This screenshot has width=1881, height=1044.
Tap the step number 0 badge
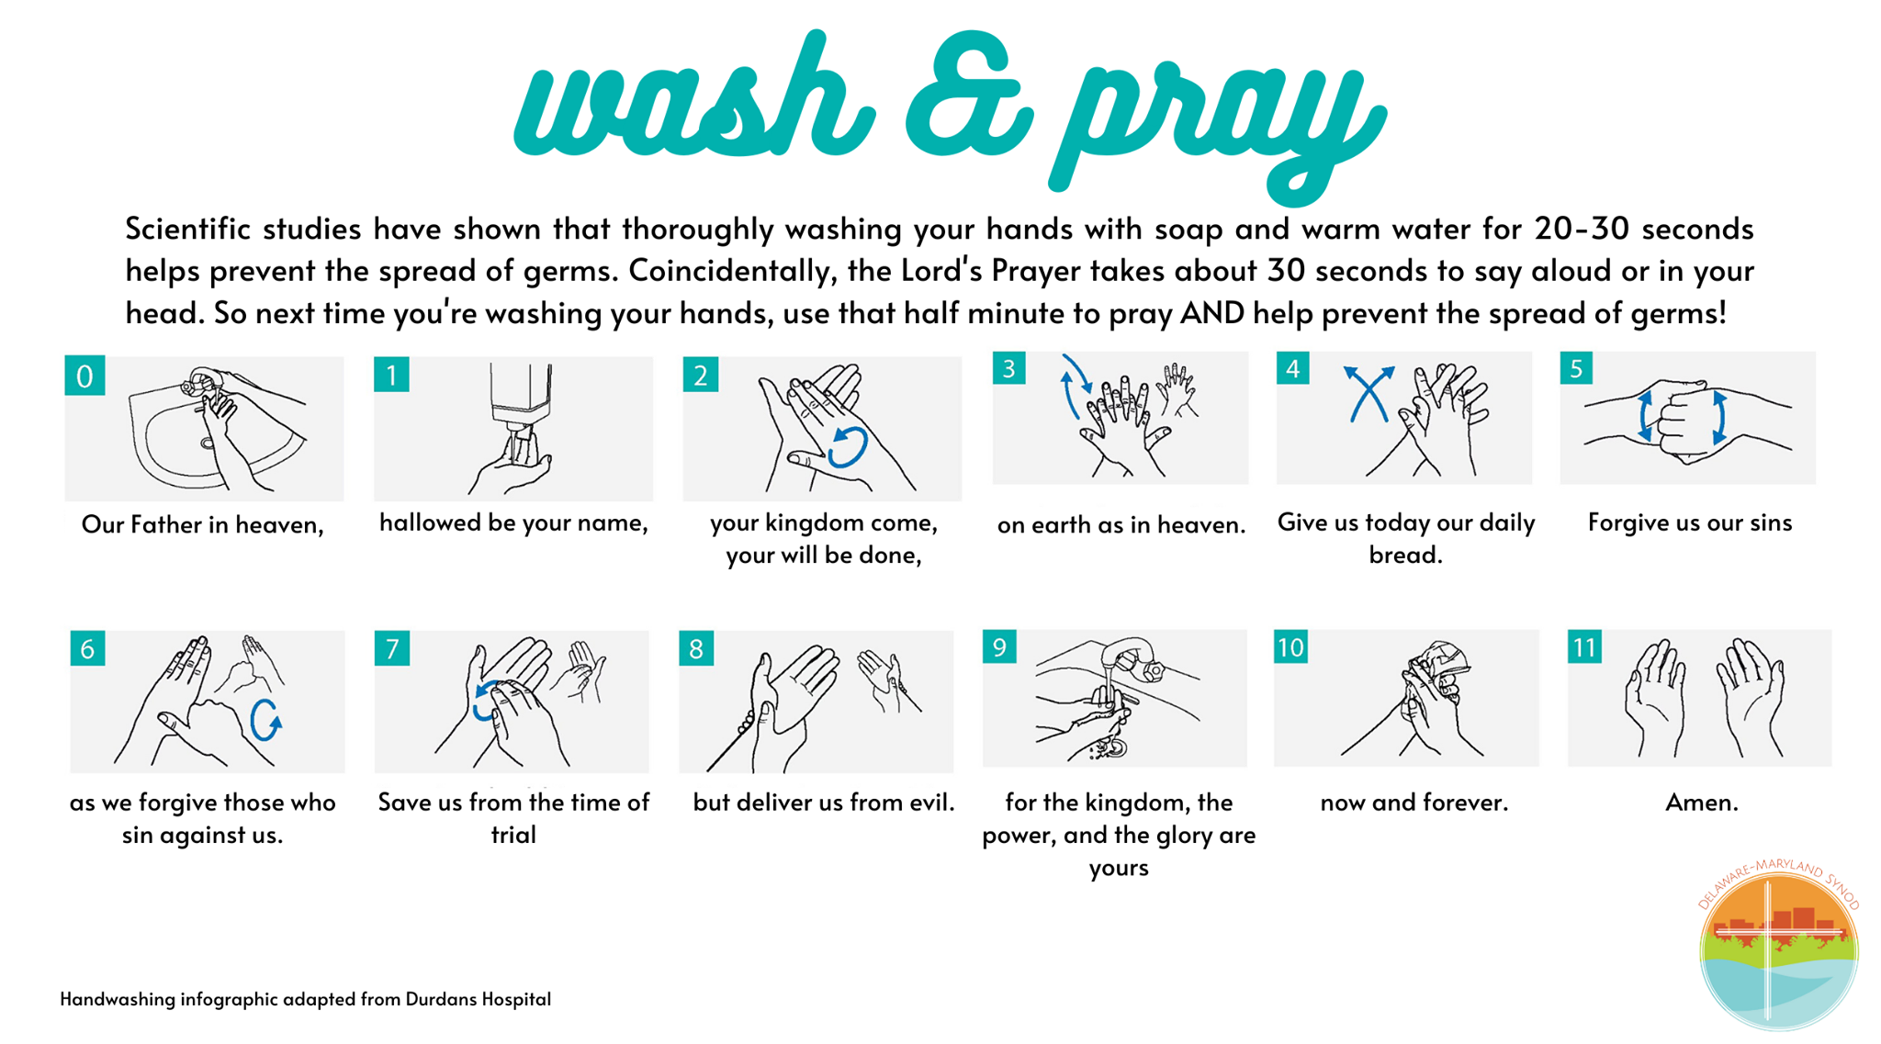[x=84, y=376]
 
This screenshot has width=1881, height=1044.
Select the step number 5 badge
[x=1576, y=369]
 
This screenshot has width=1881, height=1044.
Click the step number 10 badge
[x=1290, y=647]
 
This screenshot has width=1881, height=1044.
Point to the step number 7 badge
[x=392, y=648]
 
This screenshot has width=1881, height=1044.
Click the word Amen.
[x=1701, y=803]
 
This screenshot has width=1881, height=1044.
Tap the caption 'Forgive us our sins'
[x=1690, y=522]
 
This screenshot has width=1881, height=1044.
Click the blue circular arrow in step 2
[x=847, y=447]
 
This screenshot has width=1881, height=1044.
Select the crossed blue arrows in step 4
[x=1369, y=393]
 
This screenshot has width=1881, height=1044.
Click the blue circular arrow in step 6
[x=265, y=719]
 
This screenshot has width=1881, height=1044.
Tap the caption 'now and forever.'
[x=1414, y=803]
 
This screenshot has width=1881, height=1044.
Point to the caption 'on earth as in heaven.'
[x=1121, y=525]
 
